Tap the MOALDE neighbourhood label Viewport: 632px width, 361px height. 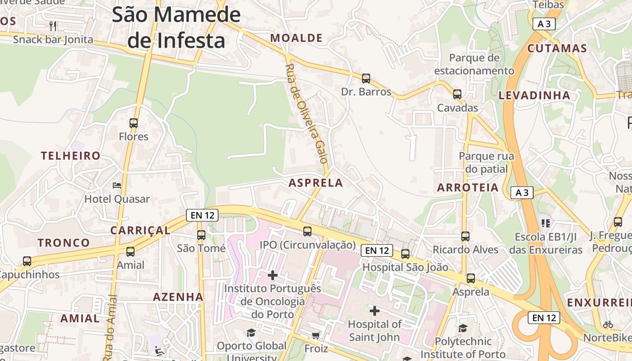tap(297, 38)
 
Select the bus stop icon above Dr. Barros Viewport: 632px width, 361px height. tap(366, 79)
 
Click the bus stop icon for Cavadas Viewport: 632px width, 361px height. tap(457, 94)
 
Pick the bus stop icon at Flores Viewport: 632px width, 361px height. tap(134, 123)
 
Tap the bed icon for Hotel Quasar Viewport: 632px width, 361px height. tap(117, 185)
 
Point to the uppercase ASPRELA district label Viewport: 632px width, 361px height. tap(316, 183)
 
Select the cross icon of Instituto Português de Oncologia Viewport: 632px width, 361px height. tap(273, 275)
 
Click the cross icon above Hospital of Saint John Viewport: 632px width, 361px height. tap(375, 310)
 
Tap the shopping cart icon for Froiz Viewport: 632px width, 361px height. tap(316, 335)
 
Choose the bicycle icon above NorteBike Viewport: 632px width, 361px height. tap(608, 324)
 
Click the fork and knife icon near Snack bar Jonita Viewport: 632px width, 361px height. tap(53, 26)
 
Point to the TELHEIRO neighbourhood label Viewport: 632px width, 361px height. tap(71, 156)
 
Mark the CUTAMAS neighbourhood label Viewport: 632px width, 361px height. tap(557, 49)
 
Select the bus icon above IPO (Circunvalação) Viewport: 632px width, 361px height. tap(307, 231)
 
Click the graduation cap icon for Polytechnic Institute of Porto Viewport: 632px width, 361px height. tap(463, 328)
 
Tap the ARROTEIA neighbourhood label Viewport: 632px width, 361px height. tap(468, 188)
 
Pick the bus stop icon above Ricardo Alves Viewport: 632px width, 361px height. tap(465, 236)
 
